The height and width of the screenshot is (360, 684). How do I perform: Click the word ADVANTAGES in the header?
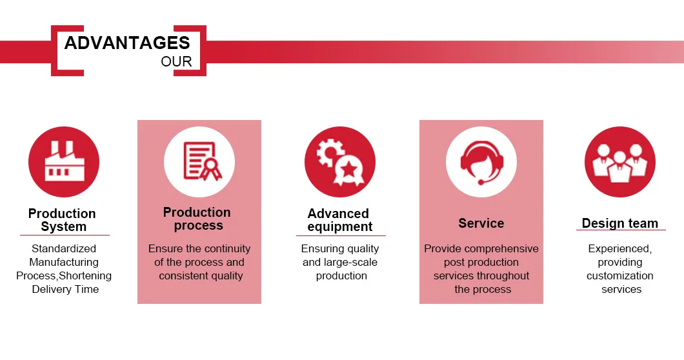click(x=127, y=43)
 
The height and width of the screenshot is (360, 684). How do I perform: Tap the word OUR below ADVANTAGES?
click(x=176, y=62)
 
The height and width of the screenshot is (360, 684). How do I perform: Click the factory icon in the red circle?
click(x=64, y=162)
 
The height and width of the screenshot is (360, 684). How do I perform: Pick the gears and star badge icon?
click(x=340, y=162)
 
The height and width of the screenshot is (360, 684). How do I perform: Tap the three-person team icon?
click(x=619, y=162)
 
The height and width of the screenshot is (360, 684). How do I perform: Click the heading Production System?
click(x=63, y=220)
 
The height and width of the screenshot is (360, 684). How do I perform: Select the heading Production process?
click(x=197, y=219)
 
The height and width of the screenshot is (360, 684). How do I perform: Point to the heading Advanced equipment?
click(x=339, y=220)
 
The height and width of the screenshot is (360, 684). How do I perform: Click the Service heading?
click(x=481, y=223)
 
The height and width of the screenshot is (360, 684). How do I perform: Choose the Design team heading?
click(x=619, y=223)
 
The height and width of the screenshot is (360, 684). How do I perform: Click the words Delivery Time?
click(x=66, y=289)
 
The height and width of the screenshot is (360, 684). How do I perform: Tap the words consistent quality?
click(x=201, y=275)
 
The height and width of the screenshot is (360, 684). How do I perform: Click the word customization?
click(x=619, y=275)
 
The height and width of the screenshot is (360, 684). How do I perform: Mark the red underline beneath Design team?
click(x=621, y=230)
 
